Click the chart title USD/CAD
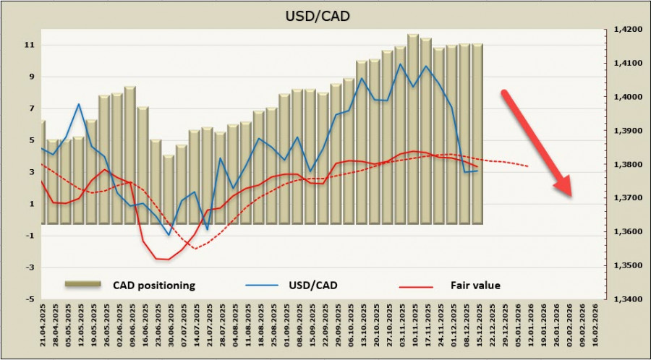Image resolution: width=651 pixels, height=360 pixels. pos(325,14)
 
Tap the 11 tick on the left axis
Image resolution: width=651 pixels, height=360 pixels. pos(30,45)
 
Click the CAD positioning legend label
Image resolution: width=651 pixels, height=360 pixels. pos(154,286)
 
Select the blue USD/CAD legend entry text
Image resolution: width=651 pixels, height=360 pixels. pos(312,286)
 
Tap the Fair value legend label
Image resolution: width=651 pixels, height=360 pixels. pos(477,286)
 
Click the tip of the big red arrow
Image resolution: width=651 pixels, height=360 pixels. pos(571,195)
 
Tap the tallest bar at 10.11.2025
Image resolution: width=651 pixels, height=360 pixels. pos(412,130)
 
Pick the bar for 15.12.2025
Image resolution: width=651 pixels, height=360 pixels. pos(477,134)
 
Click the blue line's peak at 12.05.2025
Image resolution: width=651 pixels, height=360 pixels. pos(79,104)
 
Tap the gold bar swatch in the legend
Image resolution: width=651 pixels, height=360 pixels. pos(84,285)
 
